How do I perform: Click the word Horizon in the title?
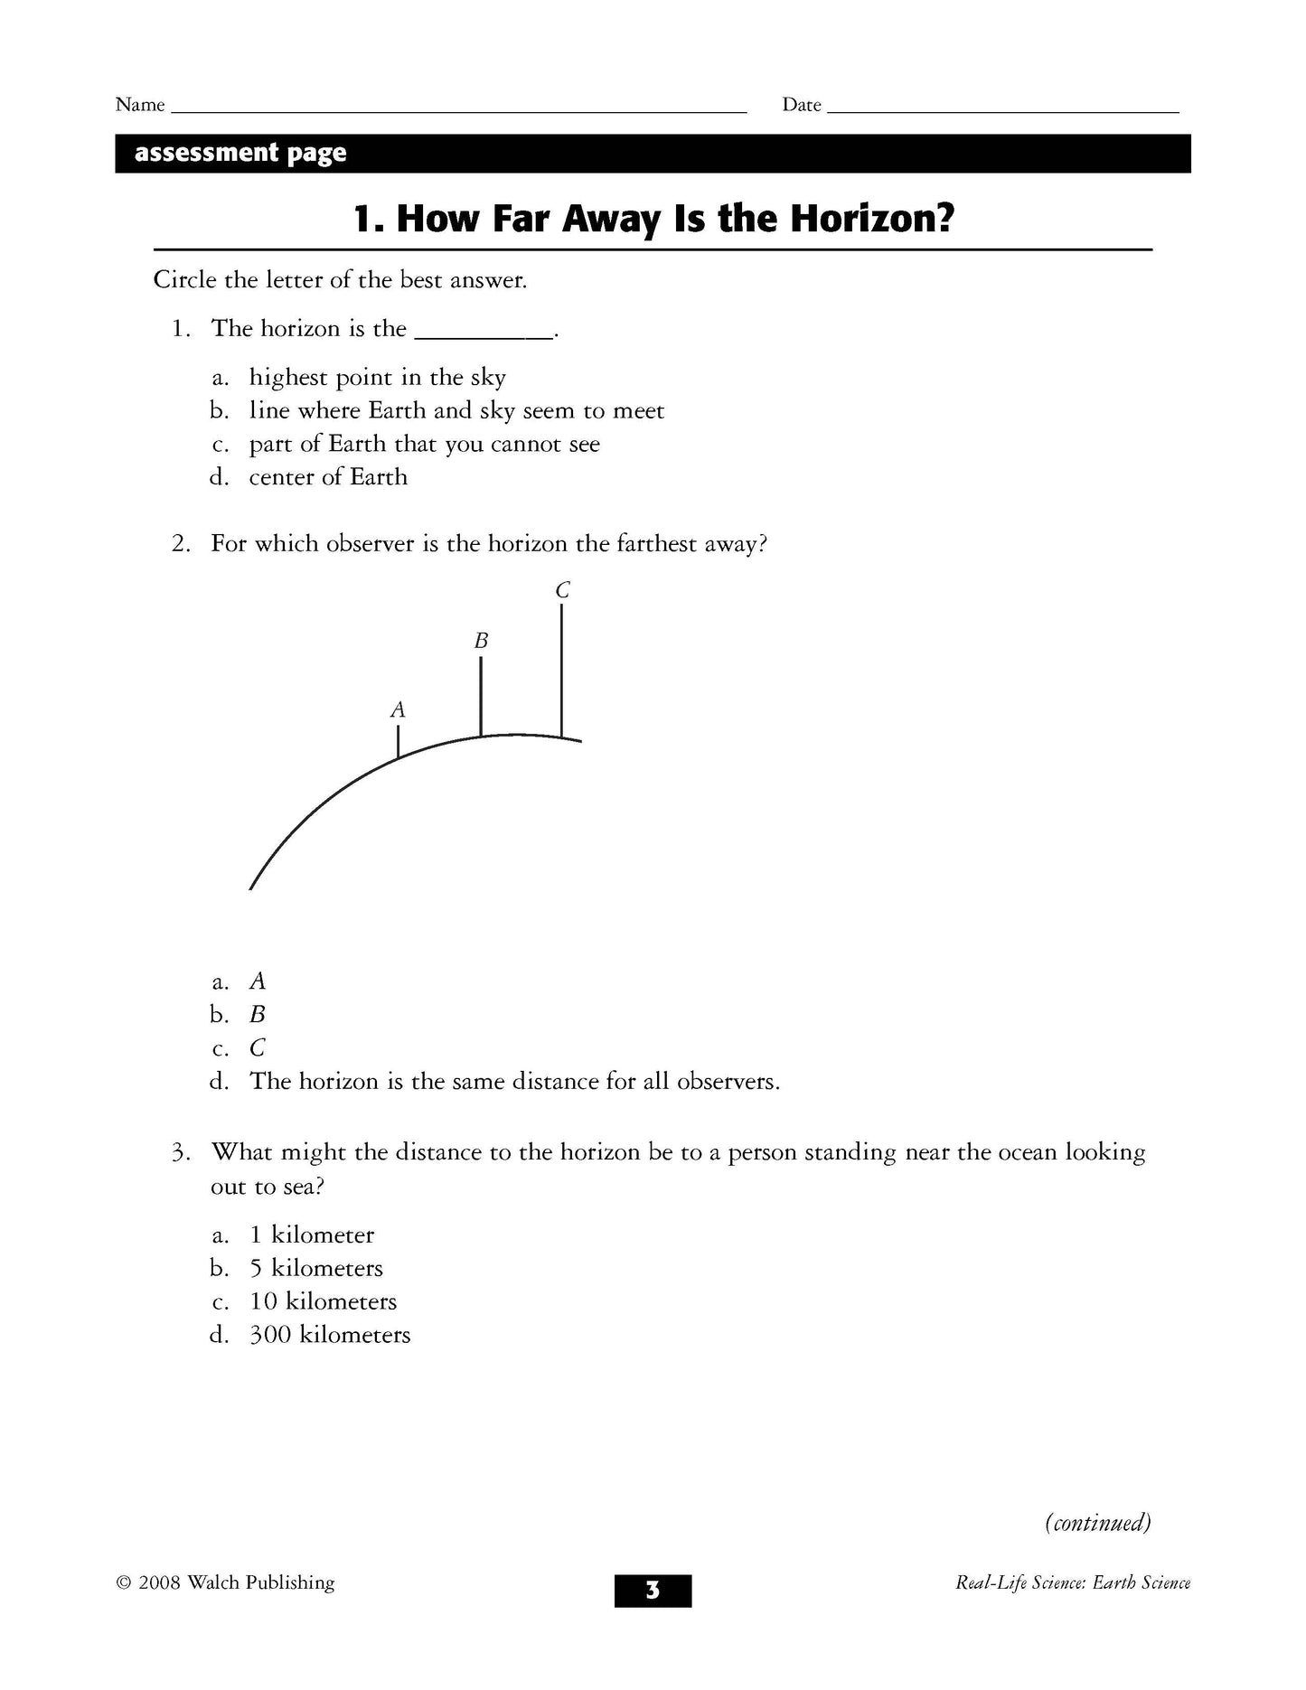coord(871,219)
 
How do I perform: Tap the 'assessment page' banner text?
coord(240,153)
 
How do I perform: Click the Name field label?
coord(140,105)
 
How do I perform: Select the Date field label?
coord(801,105)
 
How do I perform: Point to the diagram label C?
coord(562,591)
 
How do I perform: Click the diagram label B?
coord(481,642)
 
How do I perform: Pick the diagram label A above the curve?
coord(398,710)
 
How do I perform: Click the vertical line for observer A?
coord(398,741)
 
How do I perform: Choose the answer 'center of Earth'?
coord(328,477)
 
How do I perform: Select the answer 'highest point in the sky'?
coord(377,378)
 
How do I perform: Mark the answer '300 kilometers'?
coord(330,1335)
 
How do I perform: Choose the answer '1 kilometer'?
coord(312,1235)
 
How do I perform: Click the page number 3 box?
coord(653,1590)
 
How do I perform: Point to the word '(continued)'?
coord(1097,1523)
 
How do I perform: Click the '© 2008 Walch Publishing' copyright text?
coord(225,1582)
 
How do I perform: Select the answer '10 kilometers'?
coord(323,1301)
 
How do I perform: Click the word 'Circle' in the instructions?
coord(184,280)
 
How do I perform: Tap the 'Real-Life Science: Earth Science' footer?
coord(1072,1582)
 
